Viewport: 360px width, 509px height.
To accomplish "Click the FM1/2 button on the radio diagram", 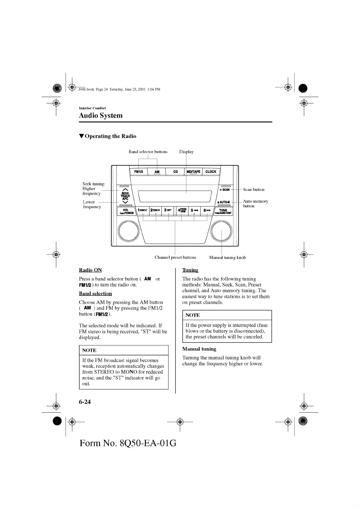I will point(139,172).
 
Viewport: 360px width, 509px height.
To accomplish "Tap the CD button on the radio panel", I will point(175,172).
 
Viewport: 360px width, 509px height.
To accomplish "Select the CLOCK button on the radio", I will point(211,172).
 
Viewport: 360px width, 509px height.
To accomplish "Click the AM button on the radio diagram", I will point(157,172).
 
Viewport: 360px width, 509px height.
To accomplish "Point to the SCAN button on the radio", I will point(225,190).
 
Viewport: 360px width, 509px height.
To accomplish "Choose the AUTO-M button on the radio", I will point(224,202).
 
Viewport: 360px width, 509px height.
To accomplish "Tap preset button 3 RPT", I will point(168,210).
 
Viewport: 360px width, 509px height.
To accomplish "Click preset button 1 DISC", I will point(142,210).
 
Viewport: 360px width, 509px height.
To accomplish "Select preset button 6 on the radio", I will point(207,210).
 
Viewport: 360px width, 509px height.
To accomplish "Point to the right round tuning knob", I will point(222,232).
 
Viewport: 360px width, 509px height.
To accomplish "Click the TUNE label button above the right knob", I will point(223,211).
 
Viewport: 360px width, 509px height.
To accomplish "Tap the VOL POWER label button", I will point(126,211).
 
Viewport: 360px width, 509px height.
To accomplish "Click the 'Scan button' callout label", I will point(254,190).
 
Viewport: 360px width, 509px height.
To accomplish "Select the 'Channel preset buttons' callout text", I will point(175,258).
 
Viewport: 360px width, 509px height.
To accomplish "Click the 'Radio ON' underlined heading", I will point(90,270).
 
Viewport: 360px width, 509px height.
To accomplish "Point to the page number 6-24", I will point(85,402).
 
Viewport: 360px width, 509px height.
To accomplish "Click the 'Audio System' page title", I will point(101,115).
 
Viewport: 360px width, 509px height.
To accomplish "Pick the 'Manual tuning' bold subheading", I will point(199,349).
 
